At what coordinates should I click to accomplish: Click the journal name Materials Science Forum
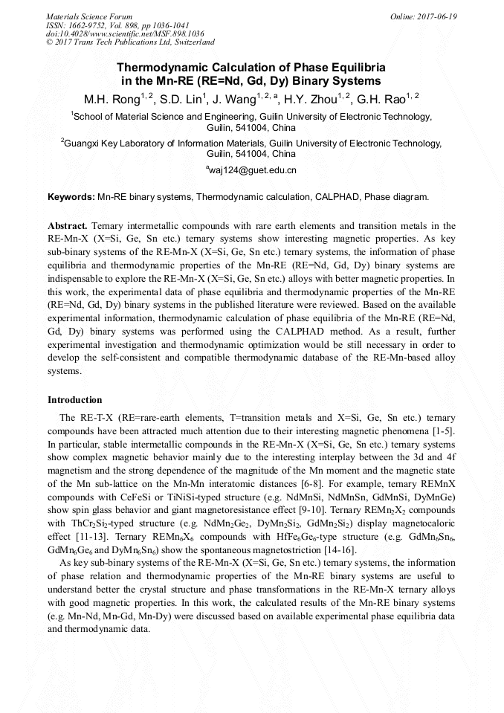[x=89, y=16]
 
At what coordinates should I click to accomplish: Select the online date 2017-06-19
[x=424, y=16]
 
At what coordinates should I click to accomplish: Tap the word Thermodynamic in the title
[x=159, y=67]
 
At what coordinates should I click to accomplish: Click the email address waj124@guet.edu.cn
[x=253, y=170]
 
